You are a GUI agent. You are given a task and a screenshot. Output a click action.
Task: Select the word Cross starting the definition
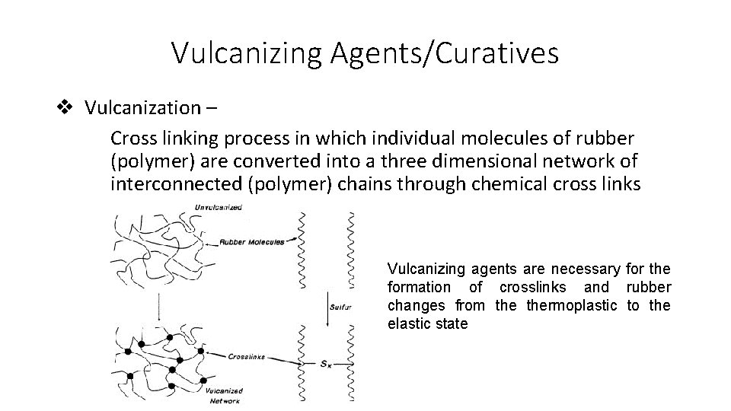[x=132, y=139]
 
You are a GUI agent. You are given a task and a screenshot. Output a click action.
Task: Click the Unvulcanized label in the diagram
[x=219, y=208]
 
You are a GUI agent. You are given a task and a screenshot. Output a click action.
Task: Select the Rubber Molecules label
[x=252, y=242]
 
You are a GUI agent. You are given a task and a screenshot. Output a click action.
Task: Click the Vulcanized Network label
[x=224, y=395]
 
